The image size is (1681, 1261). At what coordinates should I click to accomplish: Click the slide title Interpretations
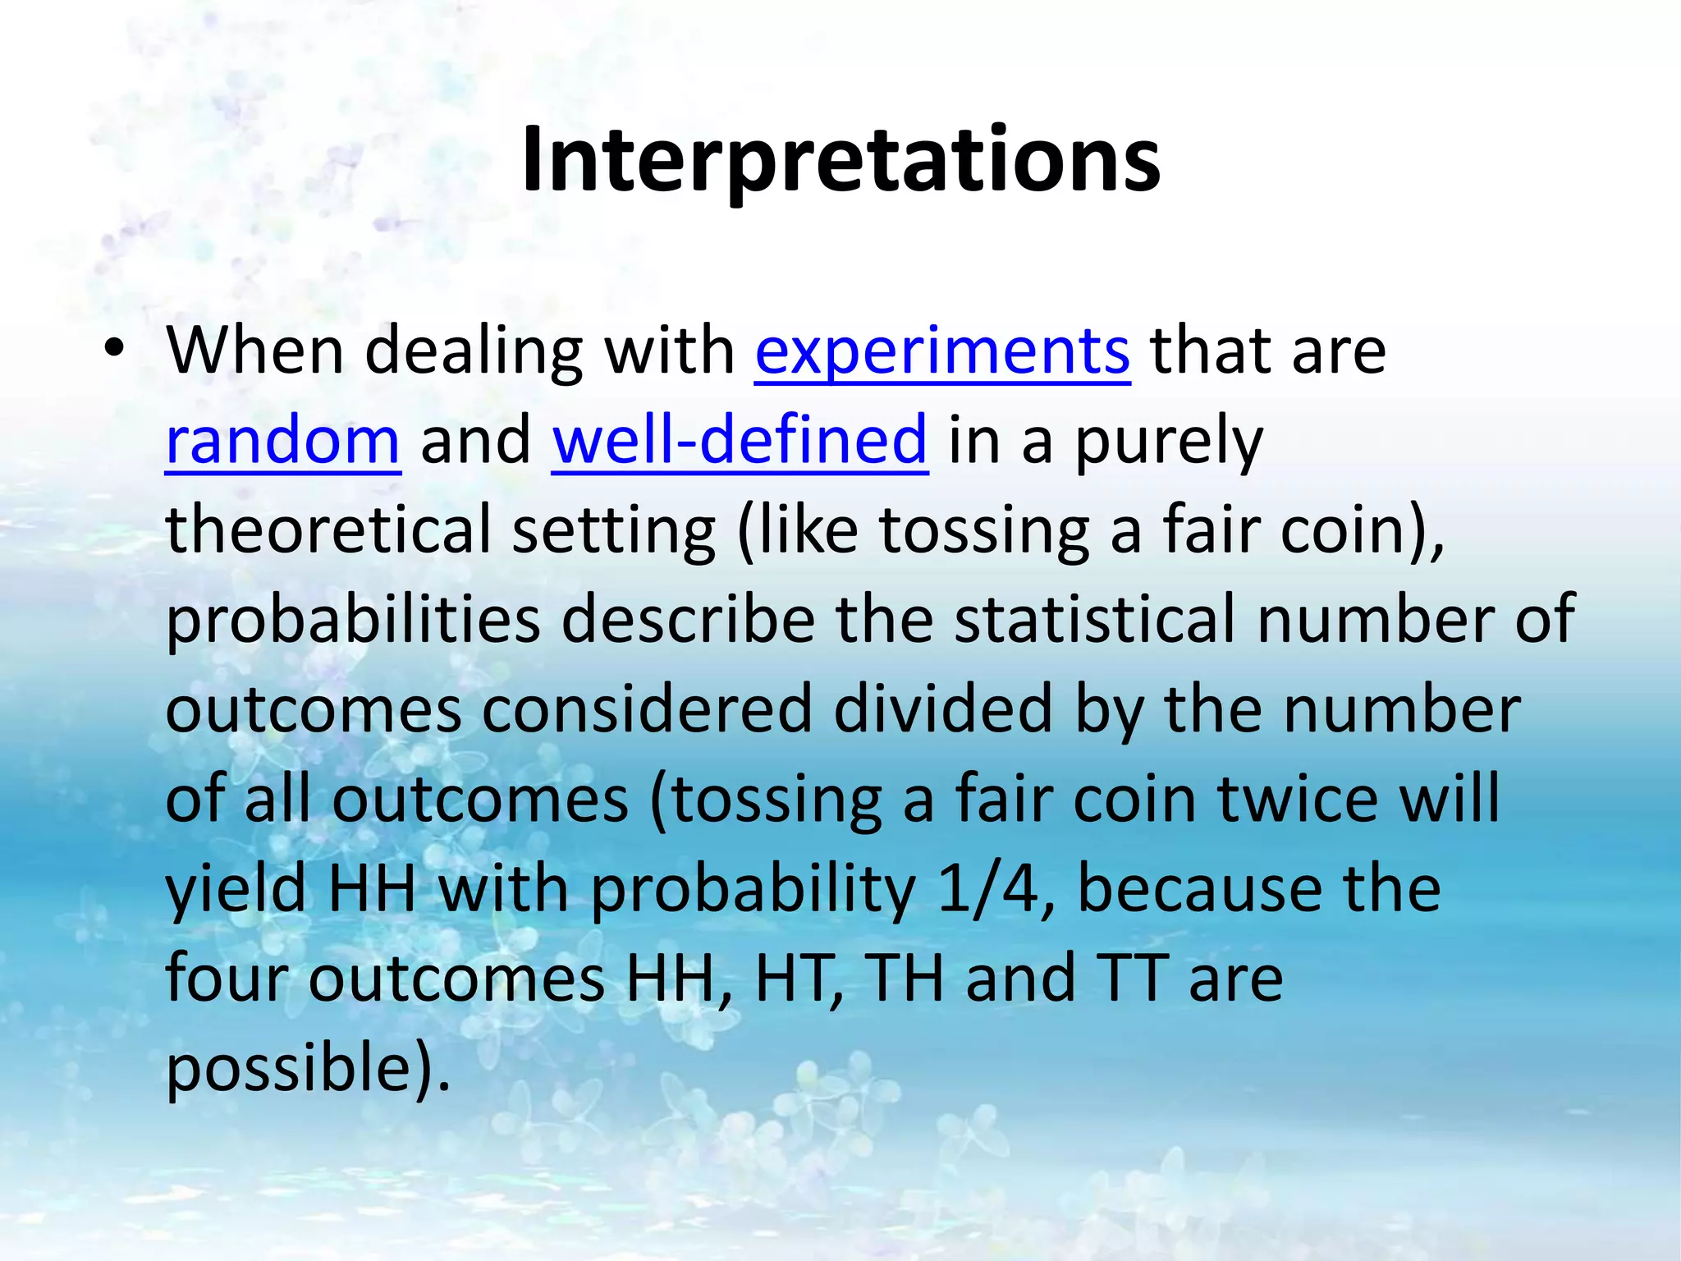pyautogui.click(x=840, y=160)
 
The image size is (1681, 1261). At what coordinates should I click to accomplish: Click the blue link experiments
pyautogui.click(x=942, y=351)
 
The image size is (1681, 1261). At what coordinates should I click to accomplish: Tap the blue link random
pyautogui.click(x=282, y=441)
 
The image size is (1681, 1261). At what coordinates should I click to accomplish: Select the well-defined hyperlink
pyautogui.click(x=740, y=441)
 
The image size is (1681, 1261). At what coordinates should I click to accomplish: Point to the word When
pyautogui.click(x=254, y=351)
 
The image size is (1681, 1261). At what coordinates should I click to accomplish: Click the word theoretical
pyautogui.click(x=328, y=530)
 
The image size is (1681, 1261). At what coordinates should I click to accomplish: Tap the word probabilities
pyautogui.click(x=353, y=621)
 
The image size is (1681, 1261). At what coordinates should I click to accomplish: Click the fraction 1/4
pyautogui.click(x=988, y=889)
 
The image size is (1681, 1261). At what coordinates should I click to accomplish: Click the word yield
pyautogui.click(x=236, y=889)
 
